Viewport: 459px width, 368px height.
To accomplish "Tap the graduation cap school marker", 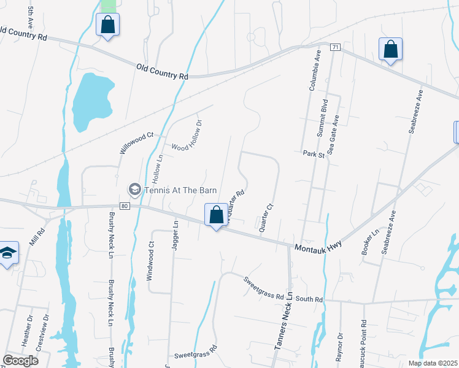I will pyautogui.click(x=7, y=254).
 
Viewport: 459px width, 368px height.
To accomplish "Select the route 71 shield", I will pyautogui.click(x=334, y=47).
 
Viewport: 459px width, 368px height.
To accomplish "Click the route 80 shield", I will pyautogui.click(x=124, y=206).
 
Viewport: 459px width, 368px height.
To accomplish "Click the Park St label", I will pyautogui.click(x=314, y=155).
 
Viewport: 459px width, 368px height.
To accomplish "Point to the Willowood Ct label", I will pyautogui.click(x=136, y=142).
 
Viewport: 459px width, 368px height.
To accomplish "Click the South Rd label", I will pyautogui.click(x=309, y=299).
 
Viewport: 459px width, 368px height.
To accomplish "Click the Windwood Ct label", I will pyautogui.click(x=150, y=262).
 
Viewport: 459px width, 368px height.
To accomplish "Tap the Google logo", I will pyautogui.click(x=20, y=361).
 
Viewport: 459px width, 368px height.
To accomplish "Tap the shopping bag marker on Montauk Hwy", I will pyautogui.click(x=215, y=216).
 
